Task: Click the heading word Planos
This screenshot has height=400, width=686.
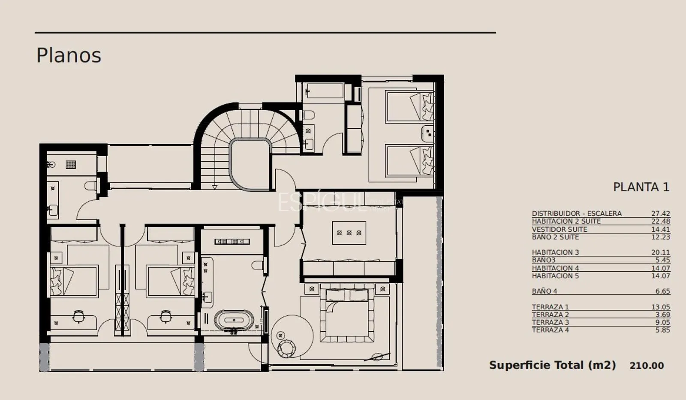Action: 69,55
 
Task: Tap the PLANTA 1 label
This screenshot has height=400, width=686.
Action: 641,187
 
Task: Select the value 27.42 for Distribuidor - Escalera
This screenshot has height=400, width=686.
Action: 661,213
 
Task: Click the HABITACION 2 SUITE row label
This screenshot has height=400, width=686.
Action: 566,221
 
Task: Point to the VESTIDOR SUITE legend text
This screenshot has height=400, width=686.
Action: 560,229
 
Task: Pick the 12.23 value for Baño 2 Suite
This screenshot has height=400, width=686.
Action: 661,237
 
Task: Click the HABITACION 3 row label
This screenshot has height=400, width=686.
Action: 555,252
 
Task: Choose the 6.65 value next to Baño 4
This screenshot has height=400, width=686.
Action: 663,291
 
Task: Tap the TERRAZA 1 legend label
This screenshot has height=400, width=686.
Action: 551,307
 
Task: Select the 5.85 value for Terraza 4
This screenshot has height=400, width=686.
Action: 663,330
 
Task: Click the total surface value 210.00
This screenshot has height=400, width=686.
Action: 647,365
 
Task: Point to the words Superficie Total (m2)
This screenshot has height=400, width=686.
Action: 553,365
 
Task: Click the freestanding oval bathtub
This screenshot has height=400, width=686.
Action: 234,320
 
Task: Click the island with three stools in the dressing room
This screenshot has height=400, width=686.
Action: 349,233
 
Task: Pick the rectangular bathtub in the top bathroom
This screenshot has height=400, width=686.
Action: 325,91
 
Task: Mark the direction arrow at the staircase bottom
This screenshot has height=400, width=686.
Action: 215,187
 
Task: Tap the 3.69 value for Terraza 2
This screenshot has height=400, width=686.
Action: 663,315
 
